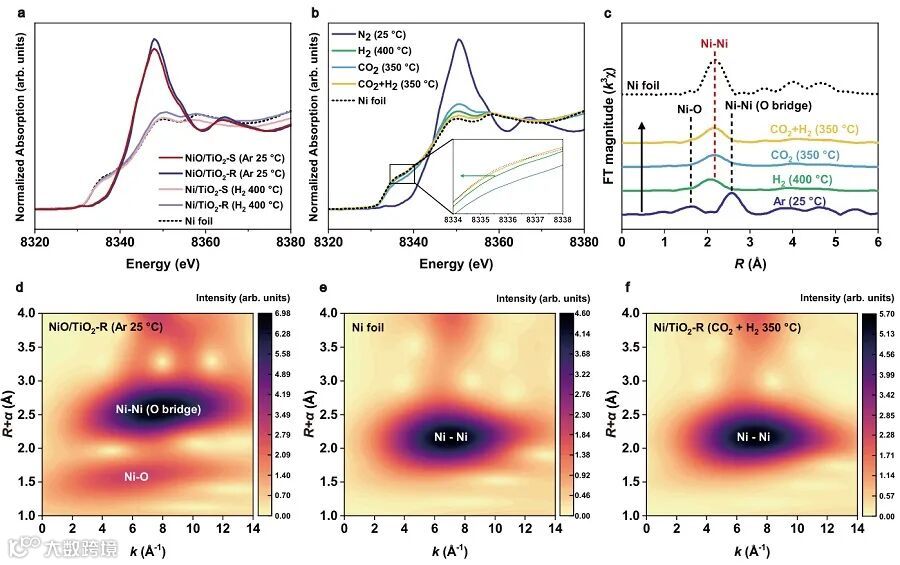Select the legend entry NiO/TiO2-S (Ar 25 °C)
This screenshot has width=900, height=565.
[220, 157]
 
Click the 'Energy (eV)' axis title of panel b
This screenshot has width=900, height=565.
[455, 263]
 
